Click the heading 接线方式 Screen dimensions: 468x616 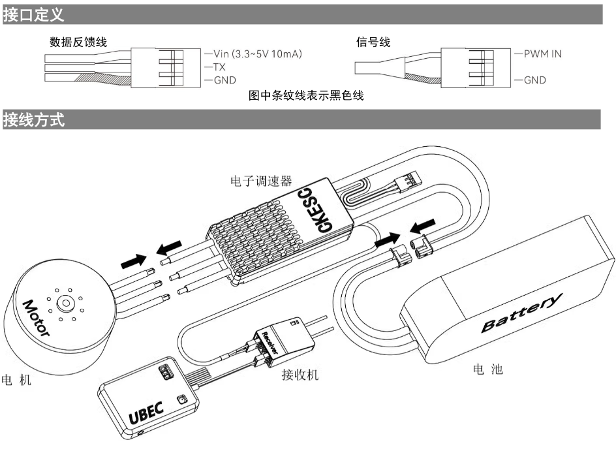tap(34, 120)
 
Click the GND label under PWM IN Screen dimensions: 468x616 tap(535, 81)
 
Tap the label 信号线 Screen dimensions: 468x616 tap(373, 42)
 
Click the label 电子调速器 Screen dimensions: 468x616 tap(262, 179)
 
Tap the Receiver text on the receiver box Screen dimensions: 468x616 tap(269, 341)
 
